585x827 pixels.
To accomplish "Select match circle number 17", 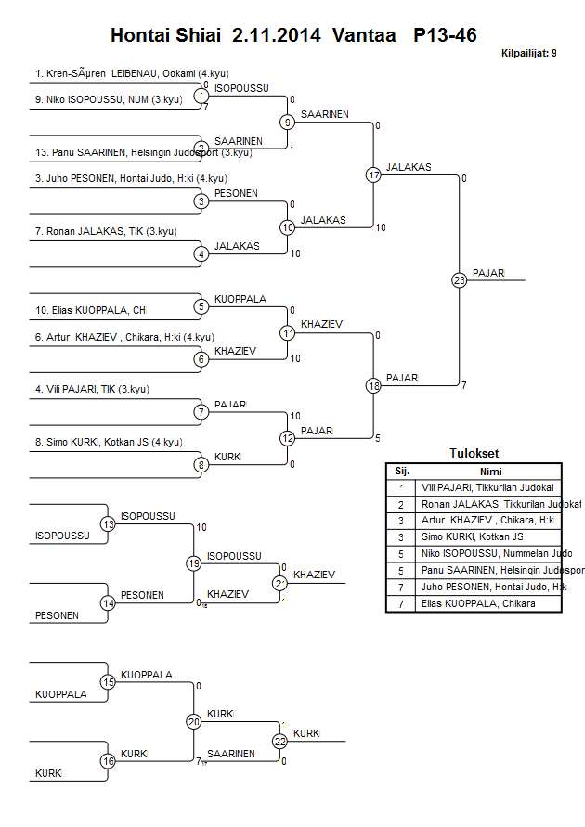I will click(374, 174).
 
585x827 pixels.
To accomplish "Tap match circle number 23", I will click(459, 279).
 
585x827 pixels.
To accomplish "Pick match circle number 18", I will click(374, 385).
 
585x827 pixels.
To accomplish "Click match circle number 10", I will click(288, 226).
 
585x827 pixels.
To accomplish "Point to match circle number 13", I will click(109, 524).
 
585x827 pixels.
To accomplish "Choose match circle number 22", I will click(279, 741).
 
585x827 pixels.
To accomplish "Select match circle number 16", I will click(109, 761).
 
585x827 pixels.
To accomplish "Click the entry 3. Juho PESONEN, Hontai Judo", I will click(131, 178).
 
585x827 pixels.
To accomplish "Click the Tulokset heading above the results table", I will click(474, 454).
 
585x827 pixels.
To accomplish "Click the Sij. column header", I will click(401, 471).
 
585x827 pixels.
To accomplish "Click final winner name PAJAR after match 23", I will click(488, 273).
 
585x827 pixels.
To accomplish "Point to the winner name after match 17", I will click(409, 168).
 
